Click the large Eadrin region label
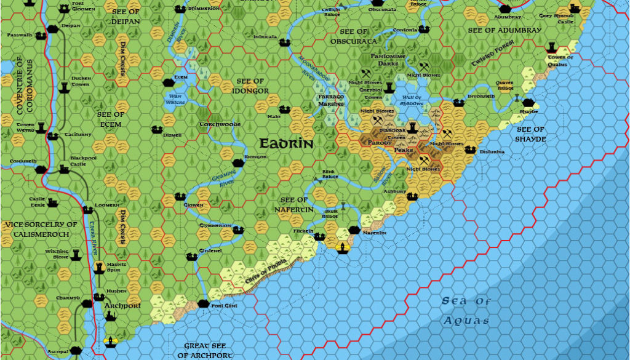[x=286, y=144]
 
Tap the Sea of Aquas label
[x=466, y=311]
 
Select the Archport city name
[x=123, y=305]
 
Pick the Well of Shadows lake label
[x=412, y=100]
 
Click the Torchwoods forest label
[x=220, y=124]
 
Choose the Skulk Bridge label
[x=330, y=214]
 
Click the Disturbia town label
[x=492, y=151]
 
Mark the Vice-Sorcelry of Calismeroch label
[x=41, y=228]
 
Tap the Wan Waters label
[x=176, y=99]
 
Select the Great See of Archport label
[x=205, y=351]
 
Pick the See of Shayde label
[x=530, y=134]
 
